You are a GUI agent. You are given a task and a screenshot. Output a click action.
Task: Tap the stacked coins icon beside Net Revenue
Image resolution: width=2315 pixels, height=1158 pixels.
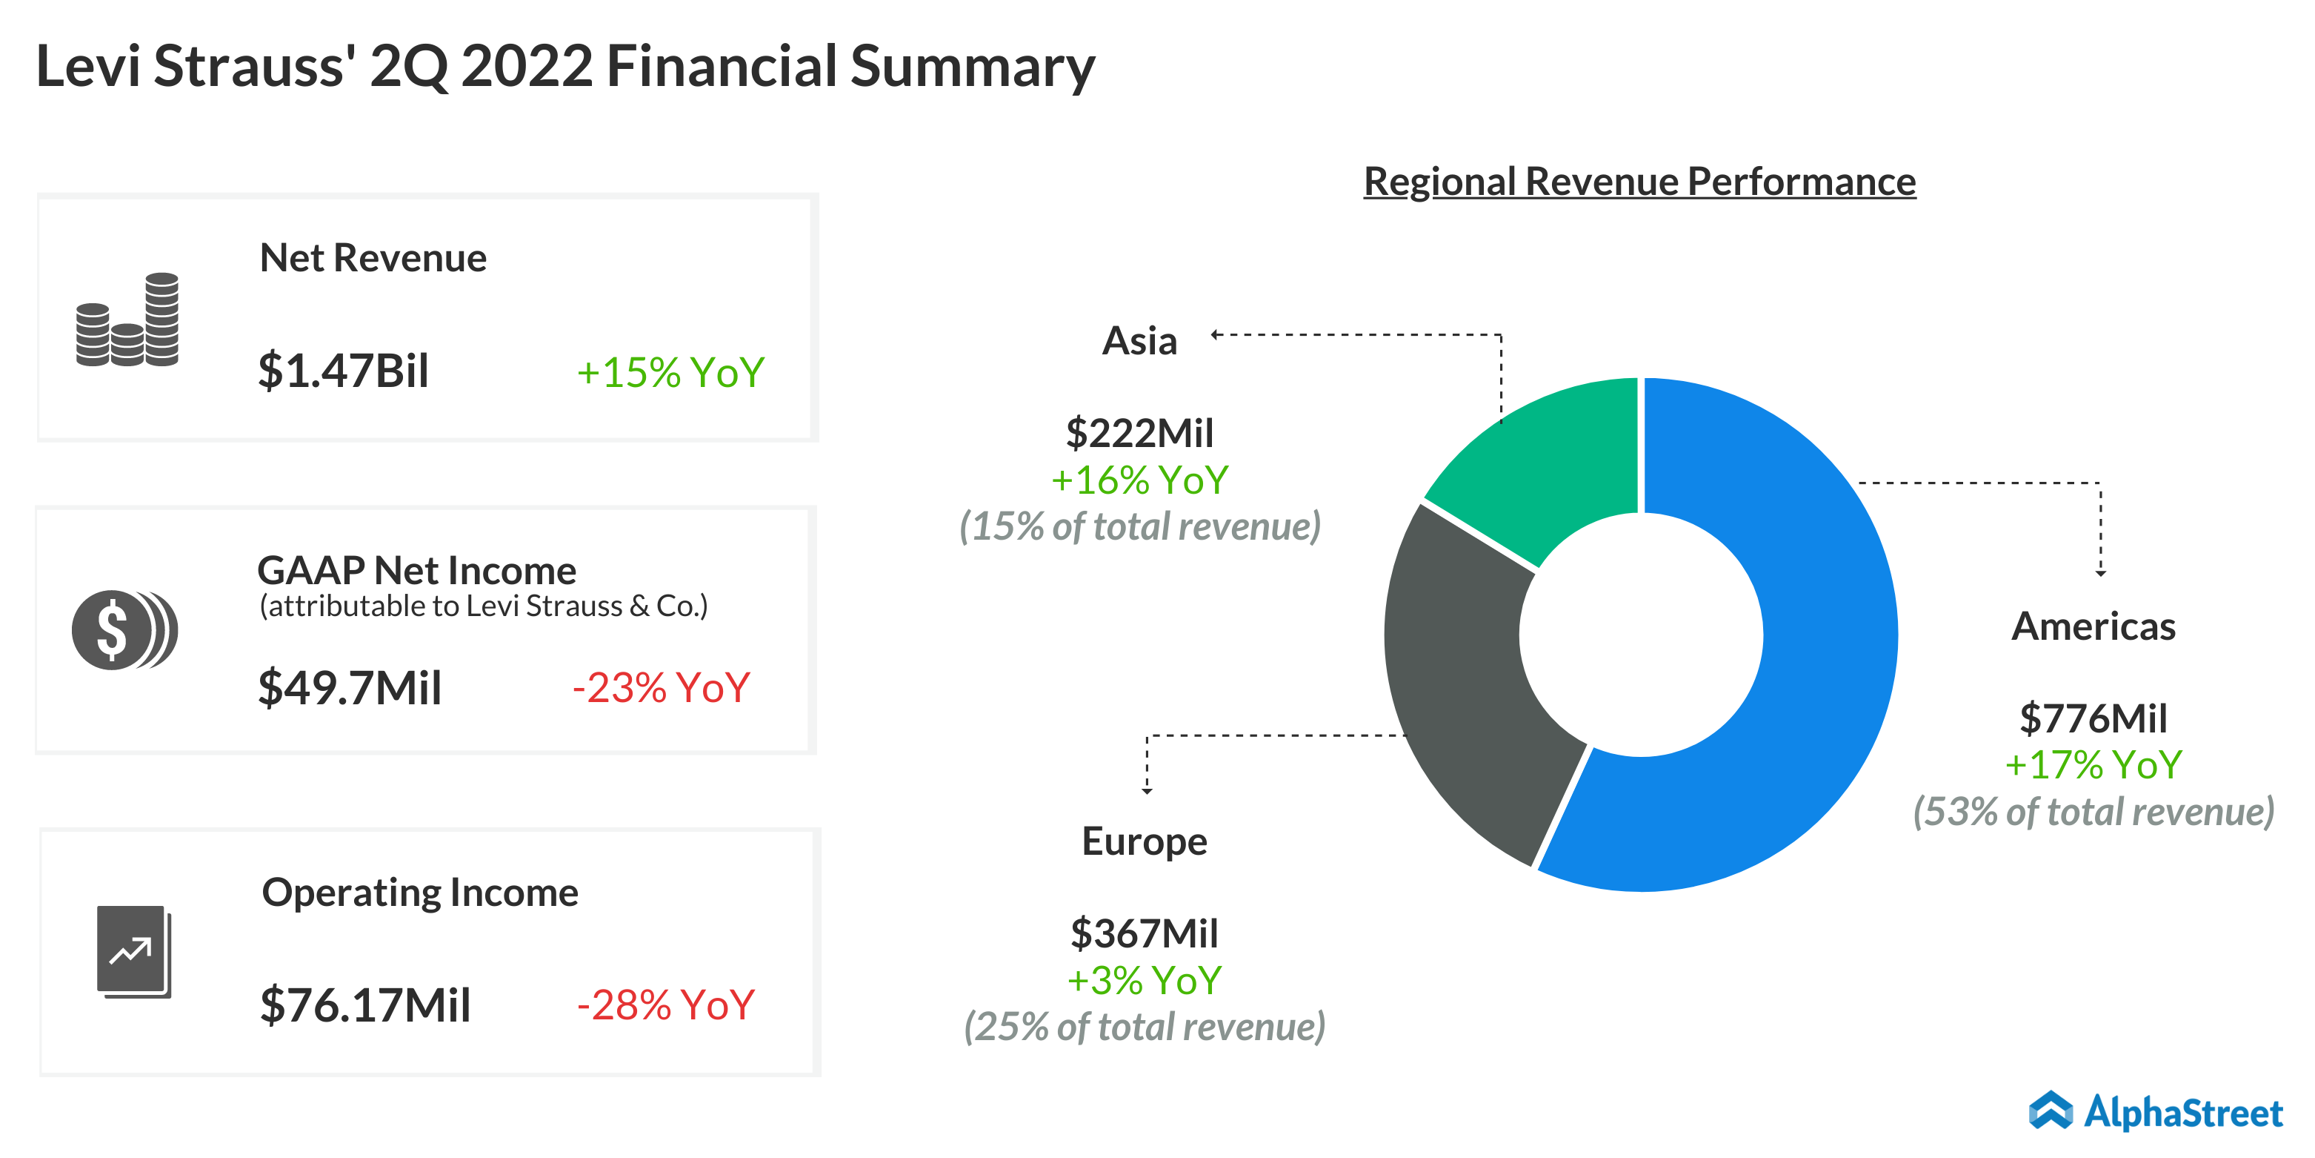pos(127,321)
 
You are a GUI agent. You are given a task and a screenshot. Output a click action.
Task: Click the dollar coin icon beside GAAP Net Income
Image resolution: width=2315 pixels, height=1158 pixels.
pos(124,630)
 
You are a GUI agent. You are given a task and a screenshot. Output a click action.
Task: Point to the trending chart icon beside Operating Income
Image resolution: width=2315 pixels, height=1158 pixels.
pos(133,951)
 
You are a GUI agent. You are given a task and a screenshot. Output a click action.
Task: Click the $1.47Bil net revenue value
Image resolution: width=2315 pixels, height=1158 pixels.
pos(343,371)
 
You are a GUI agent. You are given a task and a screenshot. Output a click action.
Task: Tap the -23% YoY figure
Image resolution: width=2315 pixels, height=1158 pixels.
pos(662,689)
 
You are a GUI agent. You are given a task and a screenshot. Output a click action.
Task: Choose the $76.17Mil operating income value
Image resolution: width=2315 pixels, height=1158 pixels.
pos(365,1005)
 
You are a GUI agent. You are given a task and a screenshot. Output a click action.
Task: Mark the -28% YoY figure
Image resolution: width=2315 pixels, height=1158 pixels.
pos(665,1005)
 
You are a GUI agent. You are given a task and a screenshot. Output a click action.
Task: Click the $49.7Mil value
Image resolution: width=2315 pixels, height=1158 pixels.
pos(350,689)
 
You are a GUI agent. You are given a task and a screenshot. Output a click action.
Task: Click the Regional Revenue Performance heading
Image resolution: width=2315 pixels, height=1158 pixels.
pos(1639,182)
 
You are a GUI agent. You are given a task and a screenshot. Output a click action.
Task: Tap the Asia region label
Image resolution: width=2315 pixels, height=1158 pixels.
pos(1139,342)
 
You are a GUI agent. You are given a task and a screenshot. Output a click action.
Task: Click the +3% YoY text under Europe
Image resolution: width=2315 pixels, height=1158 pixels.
pos(1144,981)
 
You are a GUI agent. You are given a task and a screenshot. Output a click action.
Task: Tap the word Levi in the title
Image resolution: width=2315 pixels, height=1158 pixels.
pos(88,67)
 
